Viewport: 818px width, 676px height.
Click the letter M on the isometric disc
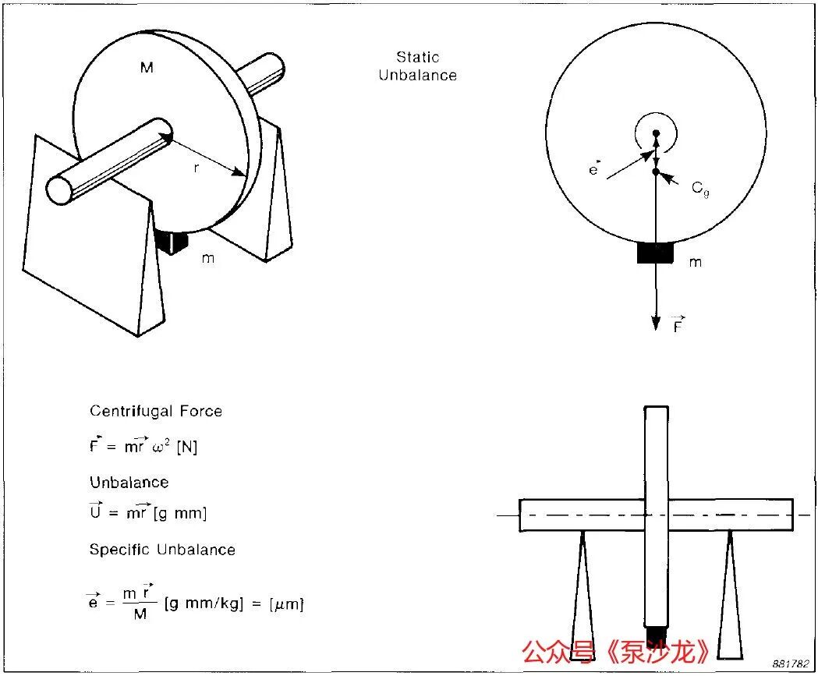(x=147, y=67)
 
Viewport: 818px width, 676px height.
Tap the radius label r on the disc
(x=197, y=168)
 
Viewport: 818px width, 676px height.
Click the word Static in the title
(x=417, y=57)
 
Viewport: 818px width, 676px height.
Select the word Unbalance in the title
(x=417, y=75)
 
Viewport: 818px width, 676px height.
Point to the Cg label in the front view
(x=700, y=189)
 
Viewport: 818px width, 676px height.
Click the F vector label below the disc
(x=678, y=324)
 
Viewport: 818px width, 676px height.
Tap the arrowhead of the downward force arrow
(x=657, y=324)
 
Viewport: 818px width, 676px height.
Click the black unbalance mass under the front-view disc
(x=655, y=253)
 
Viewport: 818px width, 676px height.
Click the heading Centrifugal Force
(x=156, y=411)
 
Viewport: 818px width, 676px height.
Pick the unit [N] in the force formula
(x=187, y=447)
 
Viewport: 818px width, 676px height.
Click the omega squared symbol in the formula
(x=161, y=447)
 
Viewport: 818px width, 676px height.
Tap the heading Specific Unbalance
(x=162, y=550)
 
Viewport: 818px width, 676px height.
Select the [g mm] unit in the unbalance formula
(x=180, y=513)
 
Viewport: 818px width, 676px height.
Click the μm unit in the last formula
(x=286, y=604)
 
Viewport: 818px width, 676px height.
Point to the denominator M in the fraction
(x=140, y=614)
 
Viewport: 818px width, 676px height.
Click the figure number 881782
(x=791, y=664)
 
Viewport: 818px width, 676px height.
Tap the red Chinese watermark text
(x=615, y=652)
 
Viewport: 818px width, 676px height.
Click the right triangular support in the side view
(x=730, y=595)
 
